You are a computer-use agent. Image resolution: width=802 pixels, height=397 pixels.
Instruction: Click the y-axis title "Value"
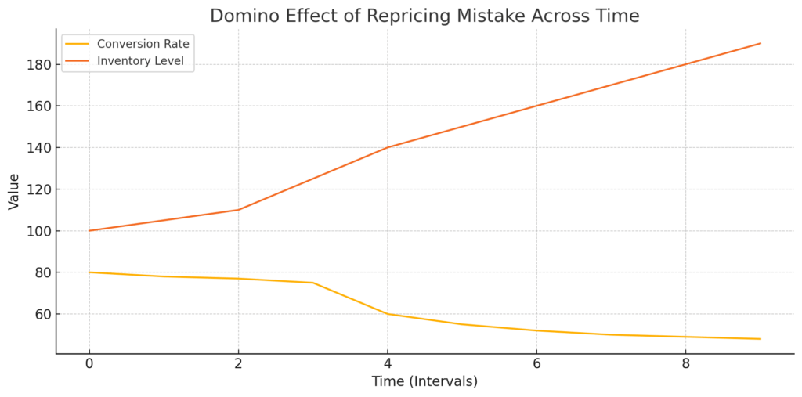point(14,191)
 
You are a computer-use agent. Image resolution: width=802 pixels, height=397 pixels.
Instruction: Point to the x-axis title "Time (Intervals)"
point(424,381)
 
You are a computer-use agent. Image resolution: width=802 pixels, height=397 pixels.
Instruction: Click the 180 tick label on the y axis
point(37,64)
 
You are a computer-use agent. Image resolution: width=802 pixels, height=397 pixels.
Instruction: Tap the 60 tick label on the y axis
point(40,314)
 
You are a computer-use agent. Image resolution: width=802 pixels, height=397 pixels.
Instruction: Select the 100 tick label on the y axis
point(37,231)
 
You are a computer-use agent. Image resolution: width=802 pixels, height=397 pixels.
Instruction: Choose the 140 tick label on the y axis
point(37,147)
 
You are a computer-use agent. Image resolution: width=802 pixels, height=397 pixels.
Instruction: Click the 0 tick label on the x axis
point(89,364)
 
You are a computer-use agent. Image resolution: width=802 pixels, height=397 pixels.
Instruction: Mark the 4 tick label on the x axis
point(387,364)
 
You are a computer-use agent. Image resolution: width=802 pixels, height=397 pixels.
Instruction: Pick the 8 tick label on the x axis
point(685,364)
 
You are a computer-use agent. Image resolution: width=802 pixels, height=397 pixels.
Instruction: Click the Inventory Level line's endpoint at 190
point(760,43)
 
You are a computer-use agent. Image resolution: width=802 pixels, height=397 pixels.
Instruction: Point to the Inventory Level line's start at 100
point(89,231)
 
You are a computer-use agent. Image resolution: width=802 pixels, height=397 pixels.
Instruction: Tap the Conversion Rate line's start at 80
point(89,272)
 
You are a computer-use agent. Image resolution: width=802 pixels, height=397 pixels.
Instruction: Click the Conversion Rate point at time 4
point(387,314)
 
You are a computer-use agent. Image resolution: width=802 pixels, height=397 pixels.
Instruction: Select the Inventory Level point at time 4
point(387,147)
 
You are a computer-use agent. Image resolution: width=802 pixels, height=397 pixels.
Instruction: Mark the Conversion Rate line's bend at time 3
point(312,283)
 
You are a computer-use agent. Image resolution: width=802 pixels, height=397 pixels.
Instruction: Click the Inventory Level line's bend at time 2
point(238,210)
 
